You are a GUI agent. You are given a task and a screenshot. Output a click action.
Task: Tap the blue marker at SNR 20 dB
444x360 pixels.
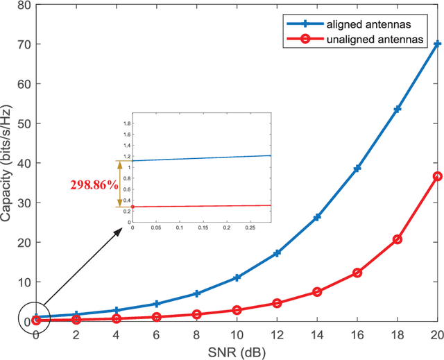436,44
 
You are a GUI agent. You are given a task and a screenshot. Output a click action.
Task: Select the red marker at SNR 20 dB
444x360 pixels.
436,176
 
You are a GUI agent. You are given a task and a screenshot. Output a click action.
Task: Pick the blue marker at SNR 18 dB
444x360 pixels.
398,110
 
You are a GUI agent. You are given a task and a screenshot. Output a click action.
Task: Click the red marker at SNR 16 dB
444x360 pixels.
357,273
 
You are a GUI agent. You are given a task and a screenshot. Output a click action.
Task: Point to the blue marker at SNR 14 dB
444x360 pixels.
317,217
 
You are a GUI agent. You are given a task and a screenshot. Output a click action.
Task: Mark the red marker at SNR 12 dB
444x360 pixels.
277,303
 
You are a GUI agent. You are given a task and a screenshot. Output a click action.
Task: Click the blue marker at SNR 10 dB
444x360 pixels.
237,277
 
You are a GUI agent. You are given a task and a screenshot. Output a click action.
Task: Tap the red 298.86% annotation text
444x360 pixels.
93,185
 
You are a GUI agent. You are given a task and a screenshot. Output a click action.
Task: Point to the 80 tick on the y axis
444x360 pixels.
24,5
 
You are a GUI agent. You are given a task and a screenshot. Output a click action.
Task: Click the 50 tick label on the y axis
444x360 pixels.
24,123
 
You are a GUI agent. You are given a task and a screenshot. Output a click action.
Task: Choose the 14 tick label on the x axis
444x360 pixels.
317,334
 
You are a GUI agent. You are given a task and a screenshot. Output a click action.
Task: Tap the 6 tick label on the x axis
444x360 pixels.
156,334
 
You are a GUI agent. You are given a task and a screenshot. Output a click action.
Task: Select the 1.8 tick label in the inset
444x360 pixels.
127,123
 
